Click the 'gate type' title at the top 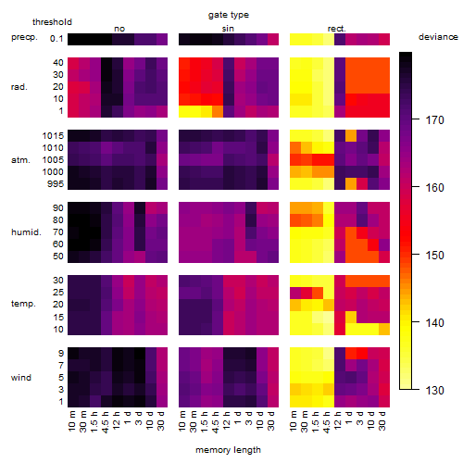pyautogui.click(x=229, y=15)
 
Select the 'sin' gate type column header pyautogui.click(x=228, y=29)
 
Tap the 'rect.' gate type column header pyautogui.click(x=337, y=29)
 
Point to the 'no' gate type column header pyautogui.click(x=119, y=29)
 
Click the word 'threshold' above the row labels pyautogui.click(x=52, y=22)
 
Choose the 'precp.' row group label pyautogui.click(x=24, y=37)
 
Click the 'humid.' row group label pyautogui.click(x=26, y=231)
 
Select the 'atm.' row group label pyautogui.click(x=20, y=160)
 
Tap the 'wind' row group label pyautogui.click(x=21, y=377)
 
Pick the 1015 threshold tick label pyautogui.click(x=53, y=135)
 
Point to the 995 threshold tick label pyautogui.click(x=56, y=184)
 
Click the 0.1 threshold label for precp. pyautogui.click(x=56, y=39)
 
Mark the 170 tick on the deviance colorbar pyautogui.click(x=435, y=119)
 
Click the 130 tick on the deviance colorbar pyautogui.click(x=435, y=390)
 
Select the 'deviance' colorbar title pyautogui.click(x=438, y=37)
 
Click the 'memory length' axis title pyautogui.click(x=229, y=450)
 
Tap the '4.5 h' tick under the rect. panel pyautogui.click(x=327, y=421)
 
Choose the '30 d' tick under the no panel pyautogui.click(x=160, y=420)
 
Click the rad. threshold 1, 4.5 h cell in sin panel pyautogui.click(x=218, y=111)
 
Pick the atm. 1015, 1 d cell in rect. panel pyautogui.click(x=351, y=136)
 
